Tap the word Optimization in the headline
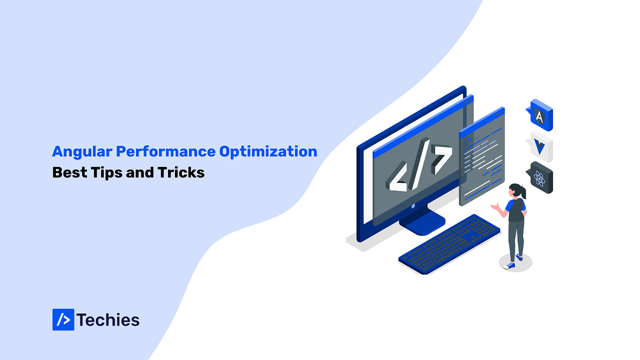(x=268, y=151)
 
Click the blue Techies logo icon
(x=63, y=319)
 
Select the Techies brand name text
(x=108, y=320)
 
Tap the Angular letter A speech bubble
(x=540, y=115)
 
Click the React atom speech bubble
(x=540, y=178)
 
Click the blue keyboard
(x=449, y=242)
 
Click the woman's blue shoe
(x=510, y=265)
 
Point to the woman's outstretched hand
(x=494, y=205)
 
